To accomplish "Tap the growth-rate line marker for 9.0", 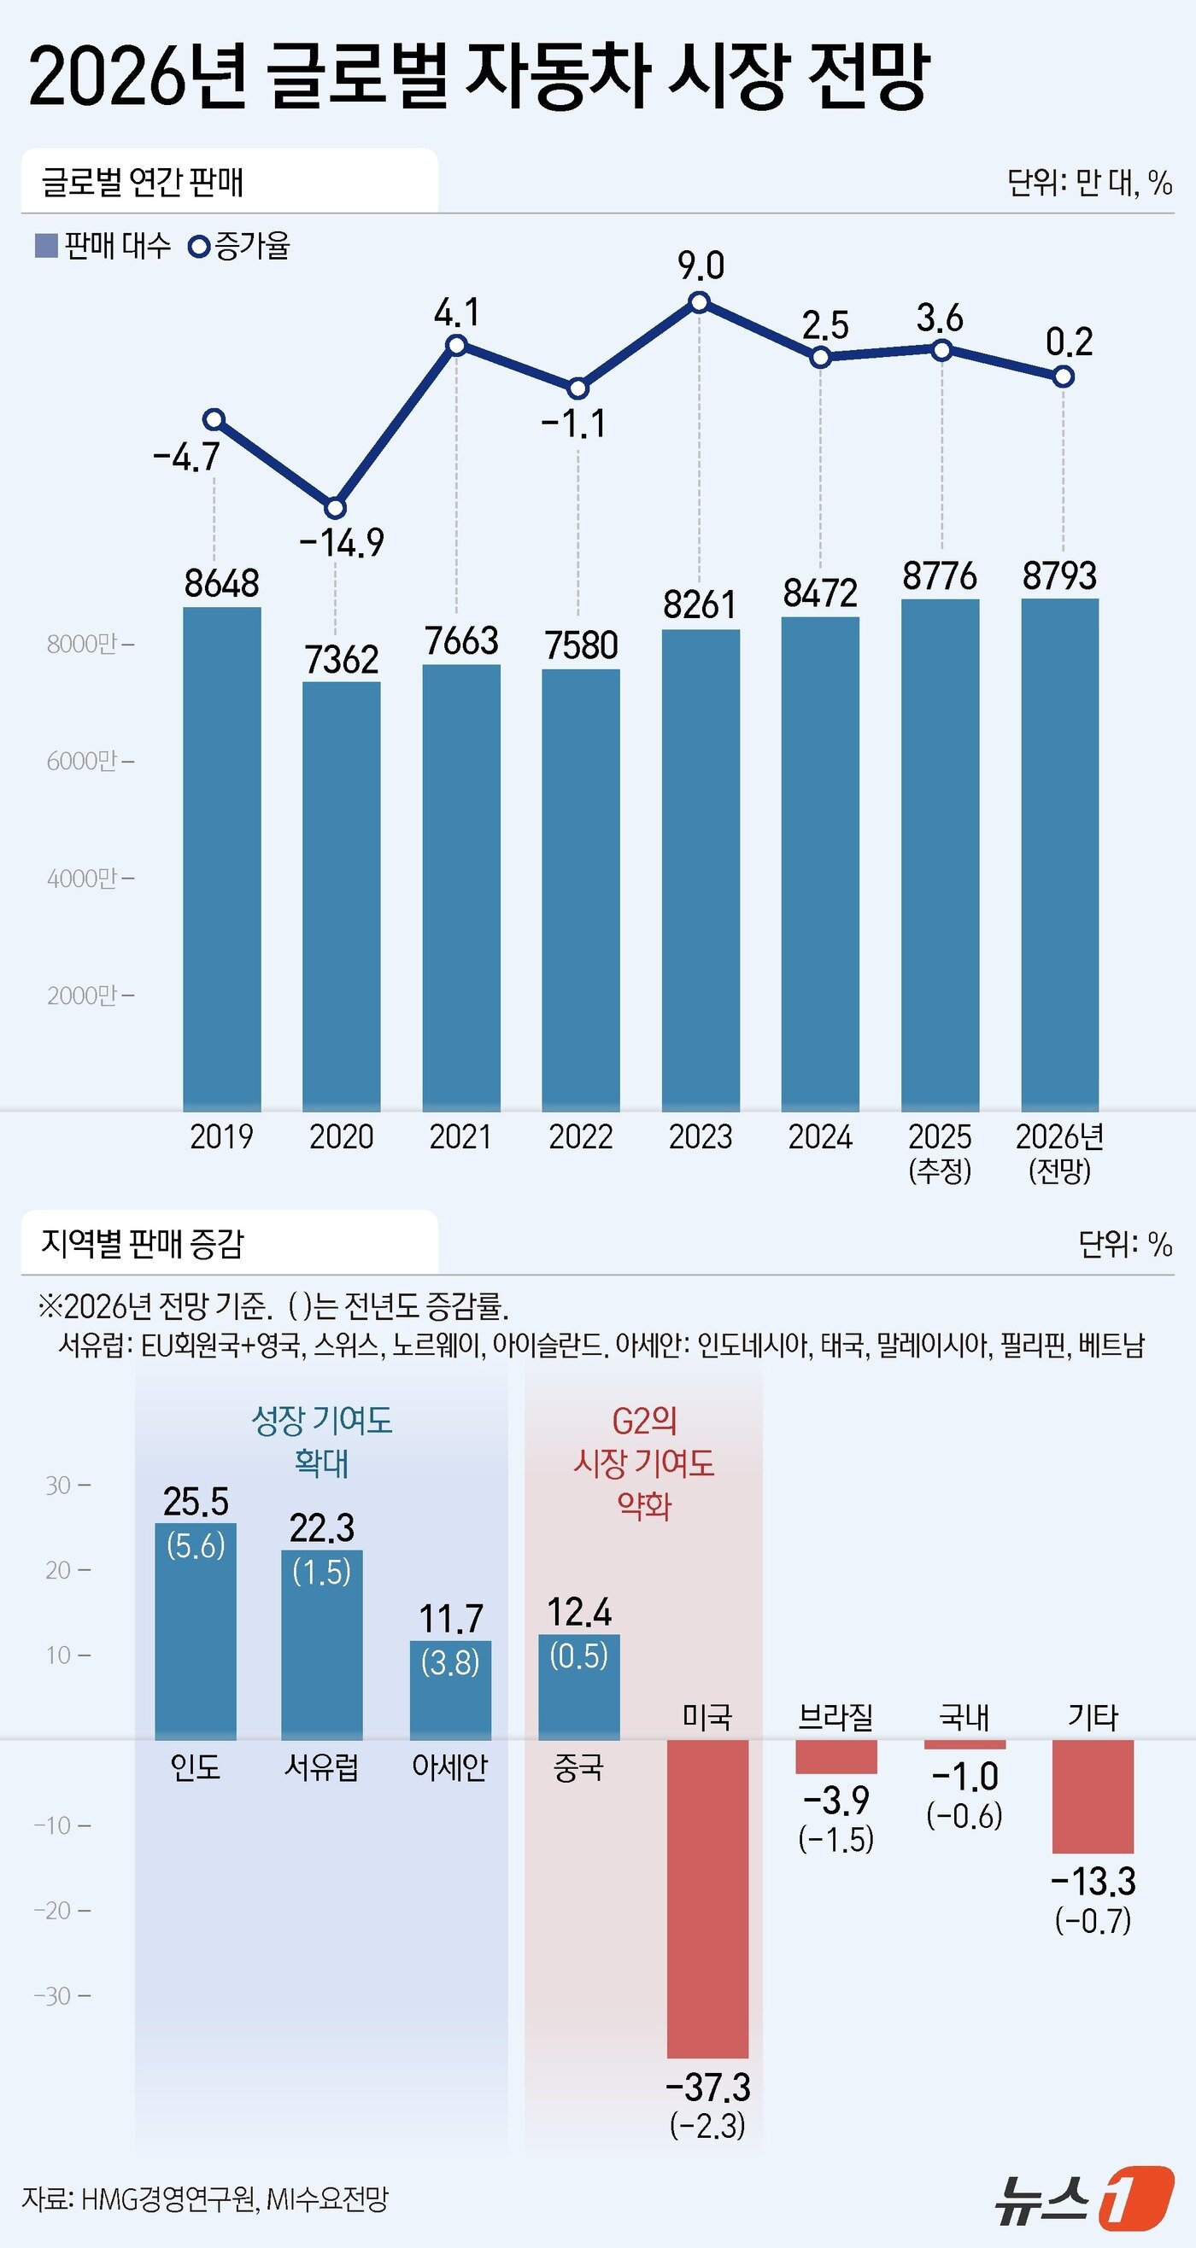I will pos(699,303).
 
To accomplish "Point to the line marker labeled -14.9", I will pos(335,507).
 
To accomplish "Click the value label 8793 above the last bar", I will pos(1059,576).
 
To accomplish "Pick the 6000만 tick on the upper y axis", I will pos(89,761).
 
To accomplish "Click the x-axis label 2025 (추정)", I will pos(940,1152).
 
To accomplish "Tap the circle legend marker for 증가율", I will pos(199,247).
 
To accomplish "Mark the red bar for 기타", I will pos(1092,1796).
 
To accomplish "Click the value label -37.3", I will pos(707,2087).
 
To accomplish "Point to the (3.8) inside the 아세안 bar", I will pos(450,1662).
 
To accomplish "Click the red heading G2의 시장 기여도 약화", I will pos(643,1463).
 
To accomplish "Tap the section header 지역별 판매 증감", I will pos(143,1243).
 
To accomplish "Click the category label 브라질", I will pos(835,1717).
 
